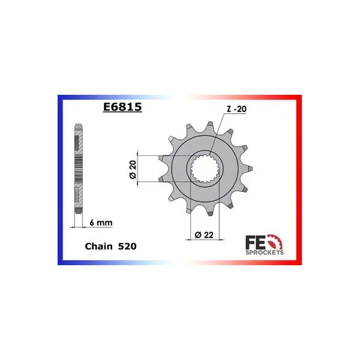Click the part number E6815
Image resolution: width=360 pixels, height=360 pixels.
tap(122, 107)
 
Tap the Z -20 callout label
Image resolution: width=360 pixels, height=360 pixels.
tap(236, 109)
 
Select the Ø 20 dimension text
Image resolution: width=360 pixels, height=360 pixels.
tap(133, 169)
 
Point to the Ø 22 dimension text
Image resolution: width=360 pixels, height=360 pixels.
tap(204, 235)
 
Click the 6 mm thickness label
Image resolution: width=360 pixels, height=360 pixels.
tap(101, 223)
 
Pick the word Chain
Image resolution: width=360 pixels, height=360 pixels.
tap(99, 247)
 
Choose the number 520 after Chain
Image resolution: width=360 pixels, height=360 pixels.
tap(127, 247)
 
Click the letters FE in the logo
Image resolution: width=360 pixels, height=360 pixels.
tap(255, 242)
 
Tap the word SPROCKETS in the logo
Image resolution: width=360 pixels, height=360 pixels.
tap(265, 253)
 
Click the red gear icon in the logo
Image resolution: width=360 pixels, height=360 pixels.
tap(275, 242)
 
